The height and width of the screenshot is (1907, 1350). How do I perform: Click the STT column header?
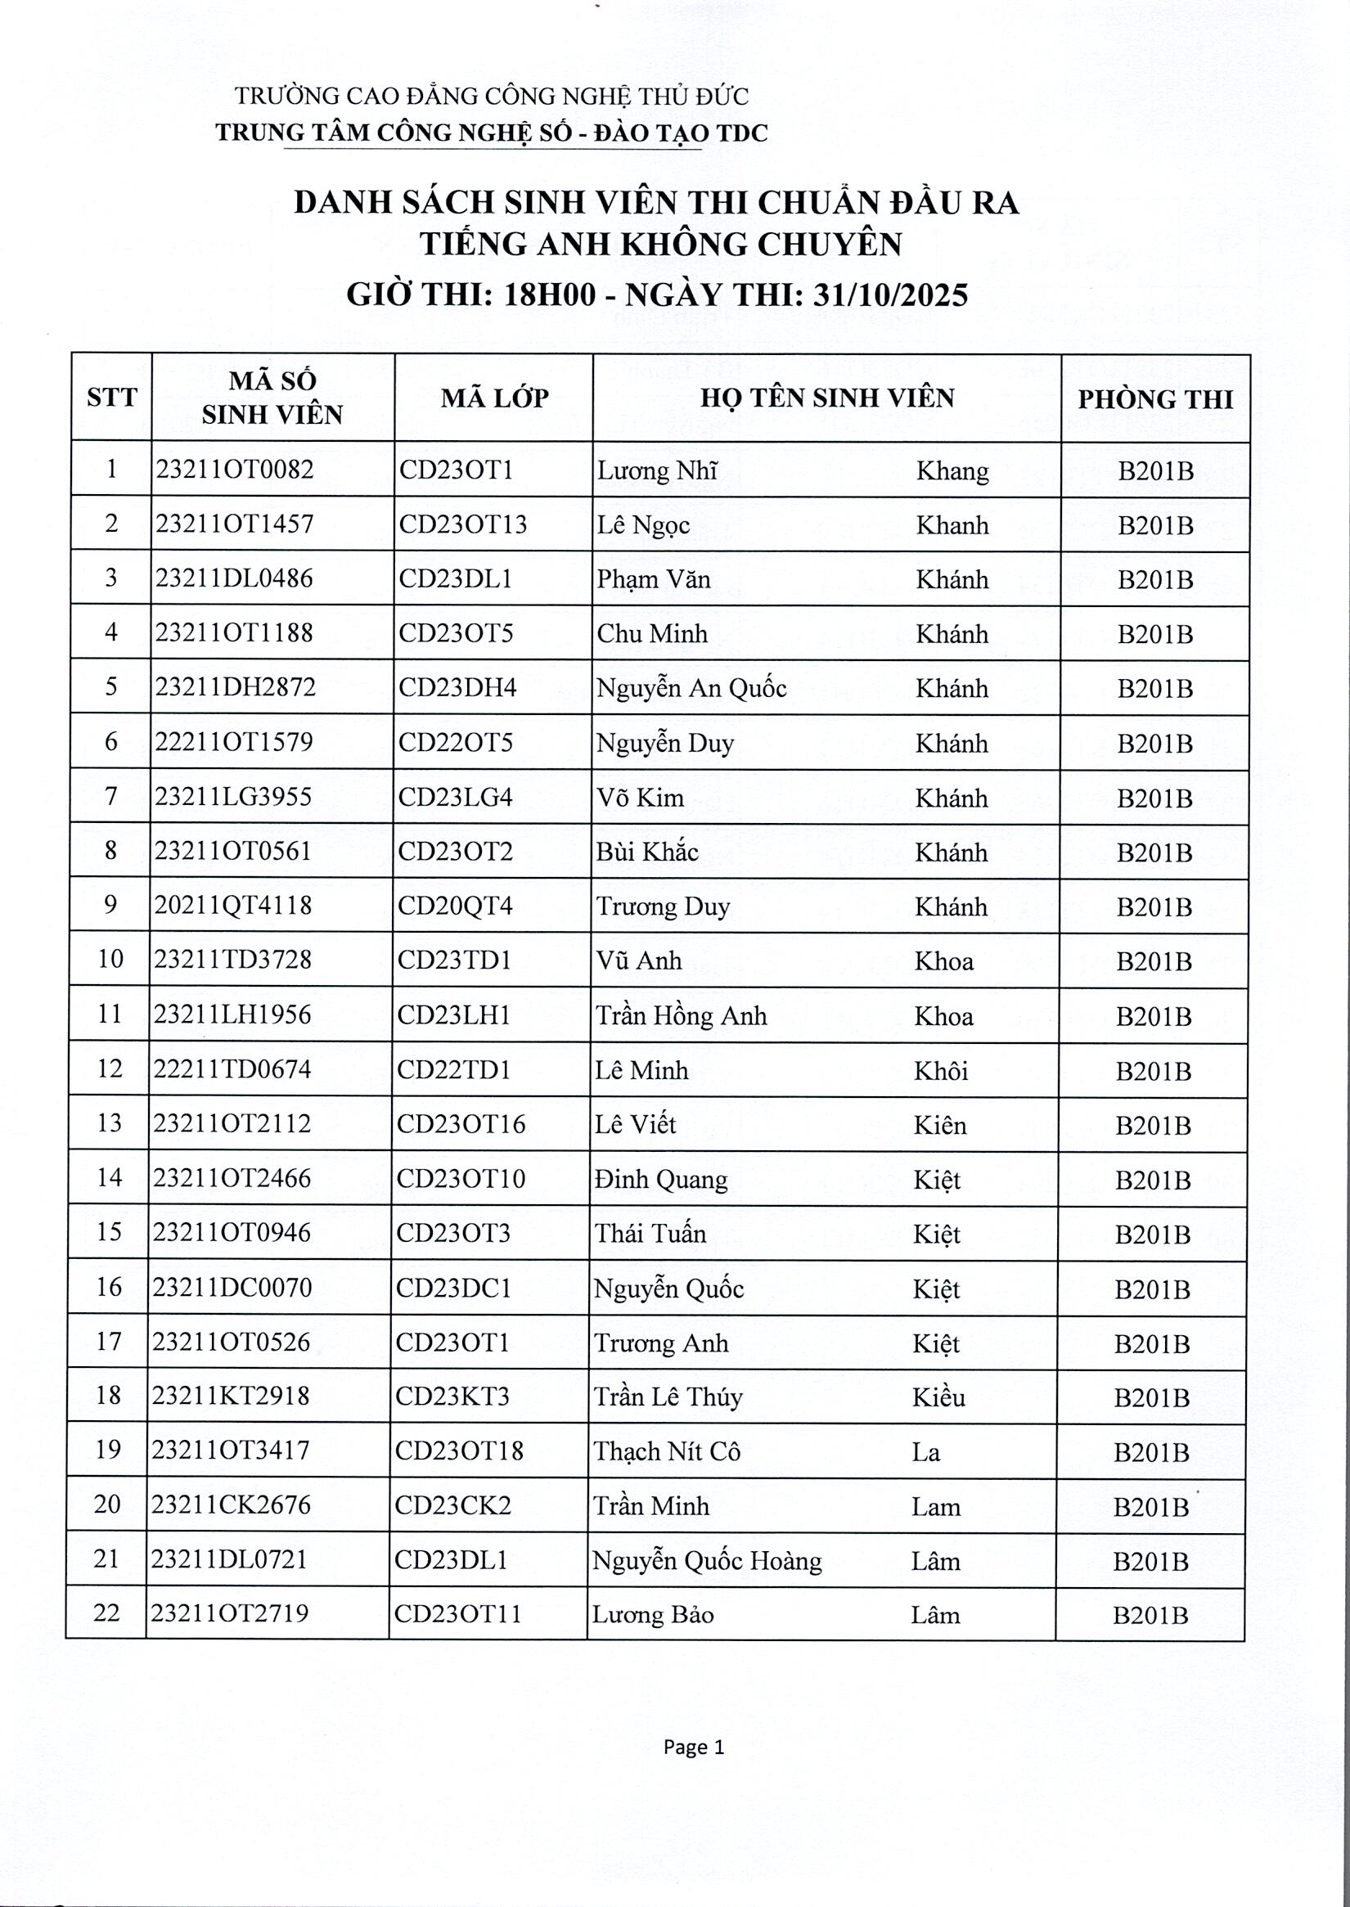(x=111, y=398)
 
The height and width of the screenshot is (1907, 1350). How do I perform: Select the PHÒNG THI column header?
(x=1154, y=399)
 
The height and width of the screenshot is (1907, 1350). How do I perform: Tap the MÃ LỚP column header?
(x=494, y=398)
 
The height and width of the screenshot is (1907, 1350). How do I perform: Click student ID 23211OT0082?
(x=235, y=470)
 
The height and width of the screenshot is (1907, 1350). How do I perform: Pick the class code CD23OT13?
(x=462, y=524)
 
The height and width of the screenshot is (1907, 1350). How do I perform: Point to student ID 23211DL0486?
(x=233, y=578)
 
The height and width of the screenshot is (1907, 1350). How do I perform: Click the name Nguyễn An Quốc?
(x=691, y=688)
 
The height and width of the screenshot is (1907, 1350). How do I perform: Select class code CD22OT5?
(x=455, y=741)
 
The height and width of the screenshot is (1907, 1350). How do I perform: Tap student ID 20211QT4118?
(x=232, y=905)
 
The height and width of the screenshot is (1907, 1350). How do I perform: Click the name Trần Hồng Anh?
(x=681, y=1015)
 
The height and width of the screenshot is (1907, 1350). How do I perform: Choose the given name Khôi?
(x=941, y=1071)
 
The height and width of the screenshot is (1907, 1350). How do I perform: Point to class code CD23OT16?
(x=461, y=1124)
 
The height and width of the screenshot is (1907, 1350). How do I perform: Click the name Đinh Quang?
(x=661, y=1179)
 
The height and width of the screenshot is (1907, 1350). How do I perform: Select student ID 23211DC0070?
(x=232, y=1288)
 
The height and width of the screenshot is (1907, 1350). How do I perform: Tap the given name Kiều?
(x=938, y=1397)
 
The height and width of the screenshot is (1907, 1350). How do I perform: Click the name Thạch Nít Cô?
(x=667, y=1451)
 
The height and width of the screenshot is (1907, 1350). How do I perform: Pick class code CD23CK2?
(x=453, y=1505)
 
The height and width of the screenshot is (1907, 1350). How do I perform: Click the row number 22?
(x=107, y=1612)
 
